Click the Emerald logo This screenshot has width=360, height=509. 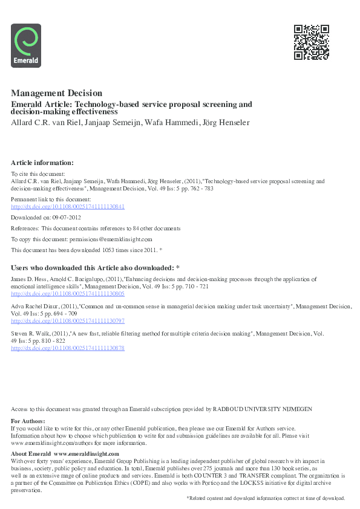coord(26,45)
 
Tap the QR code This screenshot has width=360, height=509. coord(311,42)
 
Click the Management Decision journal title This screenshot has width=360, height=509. coord(56,93)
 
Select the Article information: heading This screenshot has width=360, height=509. coord(42,163)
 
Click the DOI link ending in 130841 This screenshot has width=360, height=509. coord(68,206)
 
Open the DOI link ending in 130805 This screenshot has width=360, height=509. coord(68,294)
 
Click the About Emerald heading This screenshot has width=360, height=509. coord(31,453)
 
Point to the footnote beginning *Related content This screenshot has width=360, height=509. coord(266,498)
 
